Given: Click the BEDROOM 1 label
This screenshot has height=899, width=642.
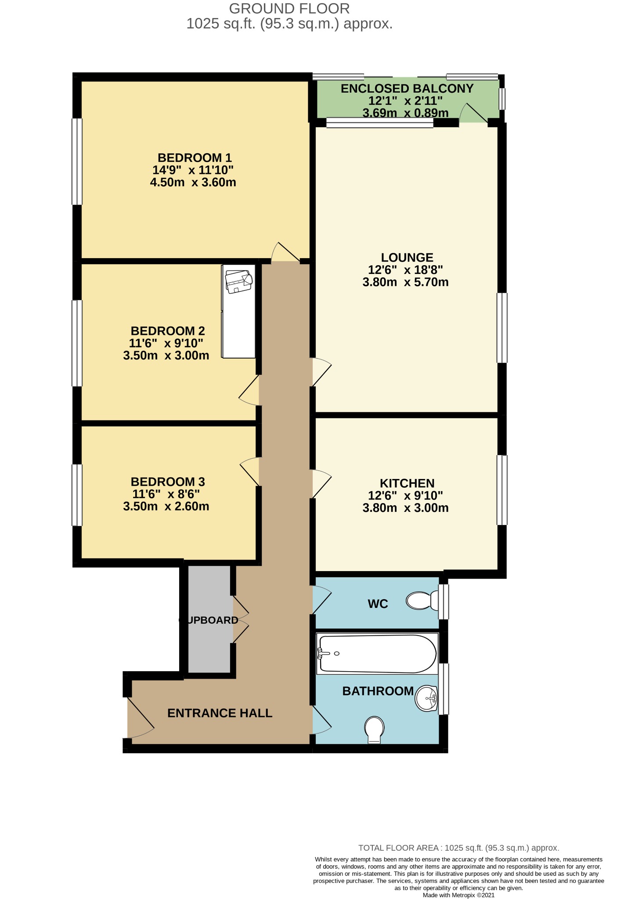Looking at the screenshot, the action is (195, 158).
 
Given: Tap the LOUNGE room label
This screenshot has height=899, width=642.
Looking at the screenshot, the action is (407, 258).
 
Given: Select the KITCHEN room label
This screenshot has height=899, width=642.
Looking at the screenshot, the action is (407, 483).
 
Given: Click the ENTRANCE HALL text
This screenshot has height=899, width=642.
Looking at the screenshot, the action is (220, 713).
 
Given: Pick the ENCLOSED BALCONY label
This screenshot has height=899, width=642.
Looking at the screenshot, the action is (407, 89).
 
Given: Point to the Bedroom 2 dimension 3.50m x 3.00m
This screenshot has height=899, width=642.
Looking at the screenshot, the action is (166, 356).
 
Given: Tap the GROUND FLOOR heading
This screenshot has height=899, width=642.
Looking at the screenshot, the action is (289, 8).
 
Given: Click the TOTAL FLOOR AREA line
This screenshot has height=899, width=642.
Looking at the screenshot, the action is (458, 848).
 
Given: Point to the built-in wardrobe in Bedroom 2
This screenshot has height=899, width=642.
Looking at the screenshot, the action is (238, 311).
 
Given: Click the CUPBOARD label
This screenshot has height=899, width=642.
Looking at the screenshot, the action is (209, 620).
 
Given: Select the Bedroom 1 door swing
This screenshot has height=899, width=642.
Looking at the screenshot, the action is (285, 252).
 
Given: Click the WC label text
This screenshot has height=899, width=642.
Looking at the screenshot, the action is (378, 604).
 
